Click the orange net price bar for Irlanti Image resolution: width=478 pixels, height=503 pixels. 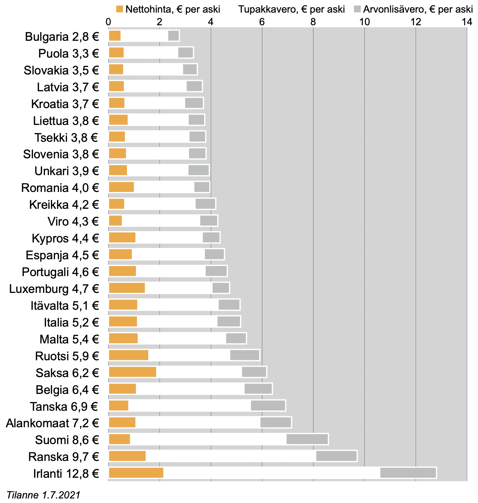[136, 473]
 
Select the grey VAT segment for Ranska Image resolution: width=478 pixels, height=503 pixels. [336, 456]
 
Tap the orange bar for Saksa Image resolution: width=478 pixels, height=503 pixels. [132, 372]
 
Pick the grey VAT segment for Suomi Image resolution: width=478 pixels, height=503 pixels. [307, 439]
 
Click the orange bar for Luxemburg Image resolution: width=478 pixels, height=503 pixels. [127, 288]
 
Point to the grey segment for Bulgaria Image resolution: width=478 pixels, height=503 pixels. [174, 36]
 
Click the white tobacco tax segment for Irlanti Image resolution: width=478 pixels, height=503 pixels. [271, 473]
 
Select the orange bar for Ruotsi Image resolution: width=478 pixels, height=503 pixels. [129, 355]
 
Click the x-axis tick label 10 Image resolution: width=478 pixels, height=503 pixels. [364, 22]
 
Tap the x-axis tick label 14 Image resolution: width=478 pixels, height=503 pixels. [467, 22]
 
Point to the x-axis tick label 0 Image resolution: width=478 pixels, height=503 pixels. [108, 22]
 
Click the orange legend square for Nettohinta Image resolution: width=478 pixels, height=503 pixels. [120, 9]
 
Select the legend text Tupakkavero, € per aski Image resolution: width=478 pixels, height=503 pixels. [291, 9]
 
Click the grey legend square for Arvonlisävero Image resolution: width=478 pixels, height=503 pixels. [357, 9]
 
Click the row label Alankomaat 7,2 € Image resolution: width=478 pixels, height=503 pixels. [52, 423]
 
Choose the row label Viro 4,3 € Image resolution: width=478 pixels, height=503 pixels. [73, 222]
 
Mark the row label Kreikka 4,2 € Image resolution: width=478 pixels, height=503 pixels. [64, 205]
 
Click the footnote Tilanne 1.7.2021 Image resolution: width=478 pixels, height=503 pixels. [43, 495]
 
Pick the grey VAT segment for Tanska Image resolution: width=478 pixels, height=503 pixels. [268, 406]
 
